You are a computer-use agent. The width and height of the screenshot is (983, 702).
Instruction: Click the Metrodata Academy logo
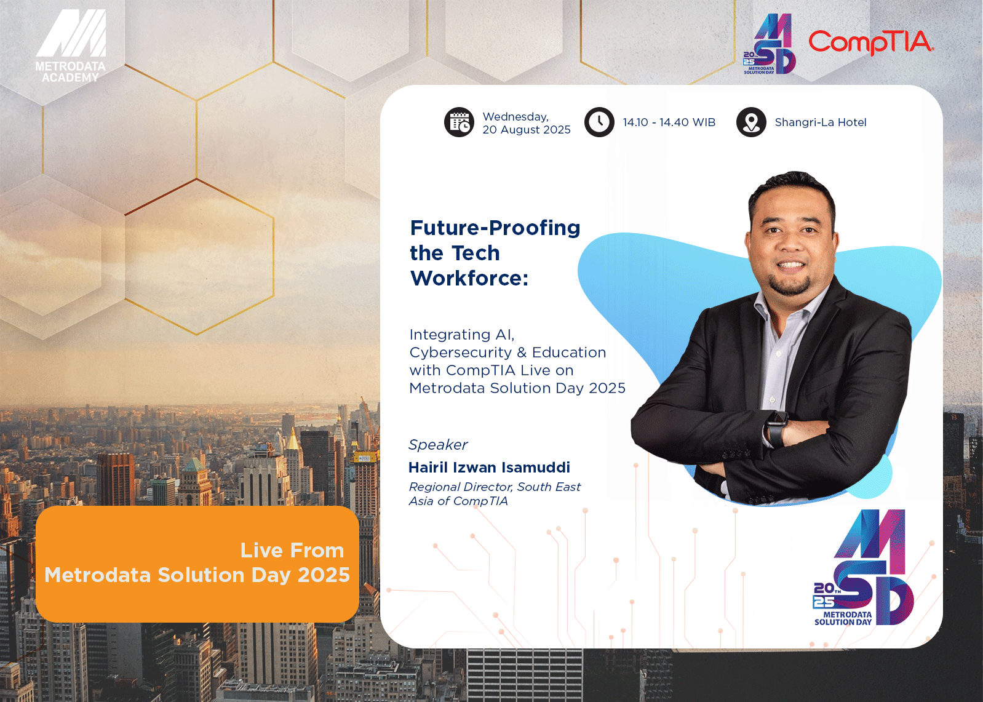click(71, 46)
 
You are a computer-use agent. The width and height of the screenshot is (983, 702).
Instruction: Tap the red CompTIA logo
click(871, 42)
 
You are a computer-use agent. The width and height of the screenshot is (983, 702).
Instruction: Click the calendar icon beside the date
click(459, 122)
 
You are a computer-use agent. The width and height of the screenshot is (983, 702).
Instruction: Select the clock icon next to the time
click(599, 122)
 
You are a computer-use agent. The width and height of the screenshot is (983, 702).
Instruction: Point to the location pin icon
click(751, 122)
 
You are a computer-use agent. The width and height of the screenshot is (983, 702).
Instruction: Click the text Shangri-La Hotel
click(821, 122)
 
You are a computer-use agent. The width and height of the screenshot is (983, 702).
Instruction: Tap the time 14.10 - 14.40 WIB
click(669, 122)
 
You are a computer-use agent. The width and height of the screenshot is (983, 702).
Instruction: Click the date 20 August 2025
click(527, 130)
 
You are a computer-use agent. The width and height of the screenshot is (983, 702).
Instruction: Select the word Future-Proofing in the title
click(495, 228)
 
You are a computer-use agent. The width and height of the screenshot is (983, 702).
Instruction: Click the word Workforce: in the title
click(469, 278)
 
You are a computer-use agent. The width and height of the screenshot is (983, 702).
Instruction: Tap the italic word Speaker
click(438, 445)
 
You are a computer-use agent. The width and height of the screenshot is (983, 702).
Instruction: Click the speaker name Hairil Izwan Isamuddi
click(489, 467)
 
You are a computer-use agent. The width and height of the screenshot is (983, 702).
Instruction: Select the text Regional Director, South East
click(495, 487)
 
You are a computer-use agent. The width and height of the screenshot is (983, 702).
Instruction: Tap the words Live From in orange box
click(292, 551)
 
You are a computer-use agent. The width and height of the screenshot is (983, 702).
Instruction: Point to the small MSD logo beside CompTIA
click(769, 44)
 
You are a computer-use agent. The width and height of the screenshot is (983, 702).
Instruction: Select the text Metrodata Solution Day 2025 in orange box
click(197, 575)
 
